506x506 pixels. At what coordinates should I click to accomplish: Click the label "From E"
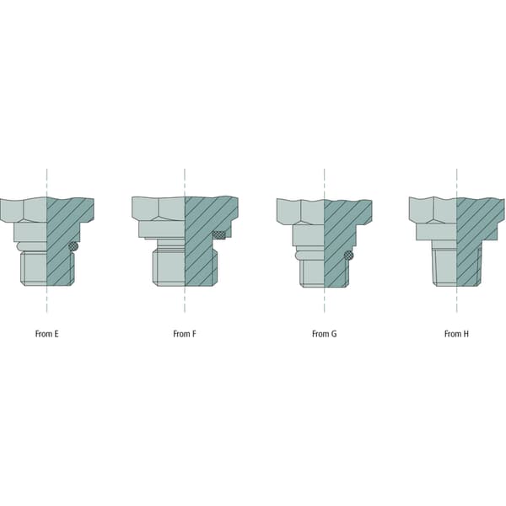[x=46, y=334]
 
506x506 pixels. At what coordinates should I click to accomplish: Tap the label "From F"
[x=184, y=334]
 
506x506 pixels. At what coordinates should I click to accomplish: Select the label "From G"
[x=324, y=334]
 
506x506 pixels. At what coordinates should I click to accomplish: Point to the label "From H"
[x=456, y=334]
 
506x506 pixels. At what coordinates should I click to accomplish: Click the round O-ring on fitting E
[x=74, y=246]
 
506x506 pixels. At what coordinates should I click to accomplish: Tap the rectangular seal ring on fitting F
[x=218, y=235]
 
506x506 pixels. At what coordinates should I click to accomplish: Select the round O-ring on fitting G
[x=348, y=256]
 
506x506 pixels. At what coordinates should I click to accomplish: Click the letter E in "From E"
[x=57, y=334]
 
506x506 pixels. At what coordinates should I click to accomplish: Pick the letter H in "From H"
[x=466, y=334]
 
